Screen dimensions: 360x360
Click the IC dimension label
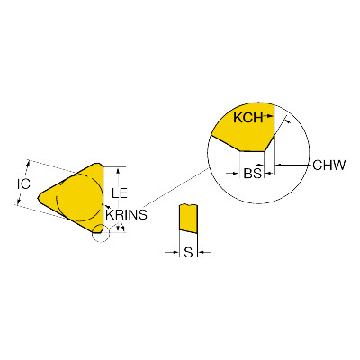23,184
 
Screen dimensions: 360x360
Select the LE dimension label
120,193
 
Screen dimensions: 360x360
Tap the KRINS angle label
126,215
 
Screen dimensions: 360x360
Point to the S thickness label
188,253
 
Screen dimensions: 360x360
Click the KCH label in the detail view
248,118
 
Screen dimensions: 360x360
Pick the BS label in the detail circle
252,173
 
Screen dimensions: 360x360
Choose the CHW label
329,165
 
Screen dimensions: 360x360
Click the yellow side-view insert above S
188,219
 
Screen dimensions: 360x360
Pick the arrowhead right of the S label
202,253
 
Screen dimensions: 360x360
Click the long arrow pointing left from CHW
292,165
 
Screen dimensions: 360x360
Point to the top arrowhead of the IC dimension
29,164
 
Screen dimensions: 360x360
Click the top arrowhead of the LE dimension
119,171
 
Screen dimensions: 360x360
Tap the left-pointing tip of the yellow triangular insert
38,198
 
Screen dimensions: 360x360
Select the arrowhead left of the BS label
236,173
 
